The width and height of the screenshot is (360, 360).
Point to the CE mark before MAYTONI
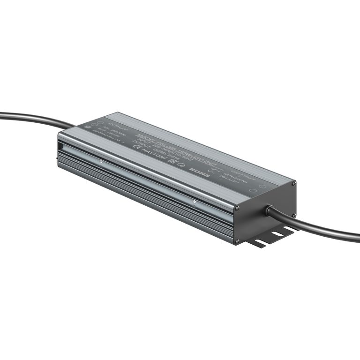tap(135, 150)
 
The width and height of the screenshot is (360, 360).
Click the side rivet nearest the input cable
tap(101, 162)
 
